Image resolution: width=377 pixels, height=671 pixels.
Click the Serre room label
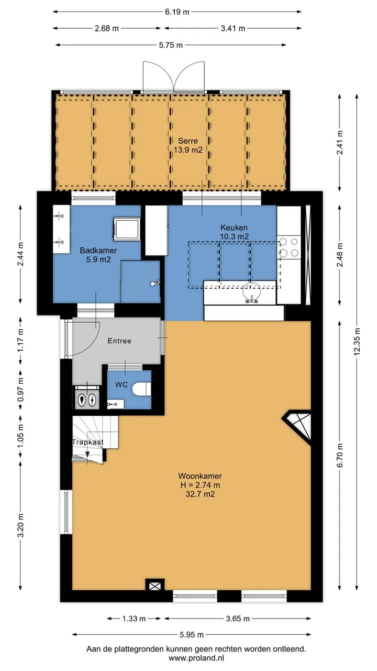(x=188, y=141)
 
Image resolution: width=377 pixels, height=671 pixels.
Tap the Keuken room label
(x=234, y=227)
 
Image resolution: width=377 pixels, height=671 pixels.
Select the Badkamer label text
(x=98, y=251)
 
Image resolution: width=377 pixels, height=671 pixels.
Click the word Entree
(x=119, y=341)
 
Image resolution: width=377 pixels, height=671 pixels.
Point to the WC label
(x=121, y=385)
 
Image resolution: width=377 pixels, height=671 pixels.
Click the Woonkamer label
(x=200, y=476)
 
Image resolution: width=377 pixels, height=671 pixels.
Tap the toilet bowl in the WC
(x=141, y=389)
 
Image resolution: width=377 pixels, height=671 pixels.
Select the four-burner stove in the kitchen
(x=289, y=248)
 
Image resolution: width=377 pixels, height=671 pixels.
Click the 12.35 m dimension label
(x=357, y=342)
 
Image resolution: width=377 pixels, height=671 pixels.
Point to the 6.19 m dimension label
(x=177, y=12)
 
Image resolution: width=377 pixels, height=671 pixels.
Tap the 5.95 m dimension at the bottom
(x=192, y=634)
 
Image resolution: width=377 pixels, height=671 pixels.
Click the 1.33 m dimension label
(x=134, y=619)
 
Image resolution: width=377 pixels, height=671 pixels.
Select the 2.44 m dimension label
(x=20, y=254)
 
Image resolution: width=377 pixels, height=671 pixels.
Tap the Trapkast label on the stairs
(x=87, y=442)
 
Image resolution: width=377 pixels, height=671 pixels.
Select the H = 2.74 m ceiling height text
(x=200, y=485)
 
